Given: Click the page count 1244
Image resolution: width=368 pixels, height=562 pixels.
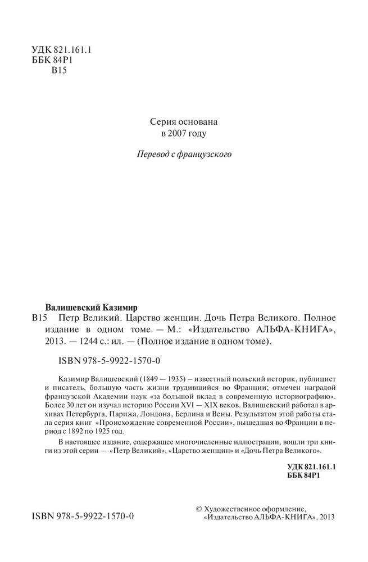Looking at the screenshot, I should click(95, 341).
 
